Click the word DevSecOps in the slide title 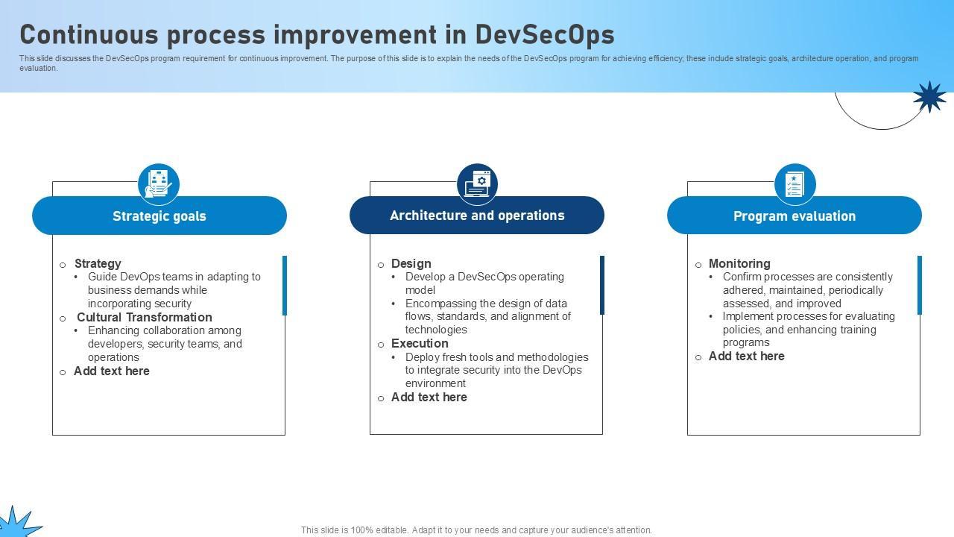click(x=545, y=34)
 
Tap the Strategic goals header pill click(x=159, y=216)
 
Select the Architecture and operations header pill click(x=477, y=216)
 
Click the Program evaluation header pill click(x=795, y=216)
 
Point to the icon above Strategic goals click(x=159, y=184)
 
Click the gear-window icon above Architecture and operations click(x=477, y=184)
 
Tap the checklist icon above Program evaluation click(x=795, y=184)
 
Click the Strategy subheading click(x=98, y=263)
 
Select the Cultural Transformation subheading click(x=145, y=317)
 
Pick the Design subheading click(x=411, y=263)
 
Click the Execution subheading click(x=420, y=343)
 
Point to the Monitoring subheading click(x=739, y=263)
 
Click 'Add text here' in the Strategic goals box click(x=112, y=371)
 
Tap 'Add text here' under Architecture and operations click(x=429, y=397)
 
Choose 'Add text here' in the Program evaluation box click(x=746, y=356)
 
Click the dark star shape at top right click(x=929, y=97)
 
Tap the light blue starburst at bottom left click(x=17, y=522)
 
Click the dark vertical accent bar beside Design click(x=601, y=285)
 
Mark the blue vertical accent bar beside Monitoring click(x=920, y=285)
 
